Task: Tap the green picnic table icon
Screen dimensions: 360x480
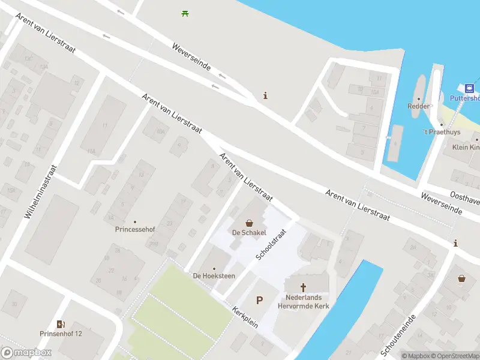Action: click(x=185, y=13)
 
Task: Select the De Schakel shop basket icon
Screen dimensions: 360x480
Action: click(x=249, y=223)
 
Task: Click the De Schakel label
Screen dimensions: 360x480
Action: click(x=249, y=233)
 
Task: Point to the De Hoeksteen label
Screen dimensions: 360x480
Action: click(x=214, y=276)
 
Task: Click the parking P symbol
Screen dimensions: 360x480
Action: click(x=260, y=300)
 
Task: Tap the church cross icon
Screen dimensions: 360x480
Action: click(x=303, y=287)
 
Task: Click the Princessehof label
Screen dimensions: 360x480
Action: click(x=134, y=229)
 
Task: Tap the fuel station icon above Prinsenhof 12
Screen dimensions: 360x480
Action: click(x=61, y=324)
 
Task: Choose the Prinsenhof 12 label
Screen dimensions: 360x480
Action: click(x=61, y=334)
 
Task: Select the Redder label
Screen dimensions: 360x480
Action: click(x=418, y=106)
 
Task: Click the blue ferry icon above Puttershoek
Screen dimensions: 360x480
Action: click(x=470, y=88)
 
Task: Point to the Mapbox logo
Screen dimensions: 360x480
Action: click(x=26, y=353)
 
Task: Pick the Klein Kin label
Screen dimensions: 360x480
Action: click(x=466, y=148)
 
